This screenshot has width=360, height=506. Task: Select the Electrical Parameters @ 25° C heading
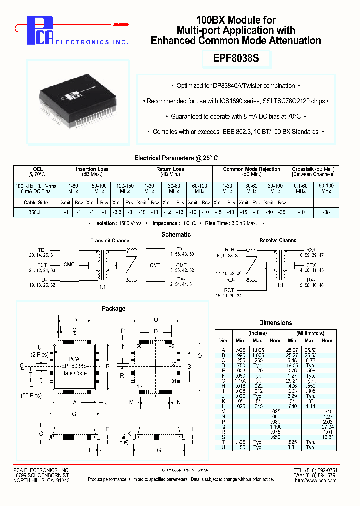[176, 158]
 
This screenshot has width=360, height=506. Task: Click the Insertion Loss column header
[92, 169]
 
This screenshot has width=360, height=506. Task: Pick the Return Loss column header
[171, 169]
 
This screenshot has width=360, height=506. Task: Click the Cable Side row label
[36, 203]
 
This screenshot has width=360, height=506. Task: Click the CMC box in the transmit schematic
[69, 264]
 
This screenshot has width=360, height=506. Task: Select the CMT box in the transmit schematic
[155, 265]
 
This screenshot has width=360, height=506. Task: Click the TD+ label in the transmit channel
[43, 250]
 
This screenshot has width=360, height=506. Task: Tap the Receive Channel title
[278, 241]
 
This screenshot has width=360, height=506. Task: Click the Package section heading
[114, 308]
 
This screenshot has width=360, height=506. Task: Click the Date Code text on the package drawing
[74, 373]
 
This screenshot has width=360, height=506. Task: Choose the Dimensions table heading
[276, 323]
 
